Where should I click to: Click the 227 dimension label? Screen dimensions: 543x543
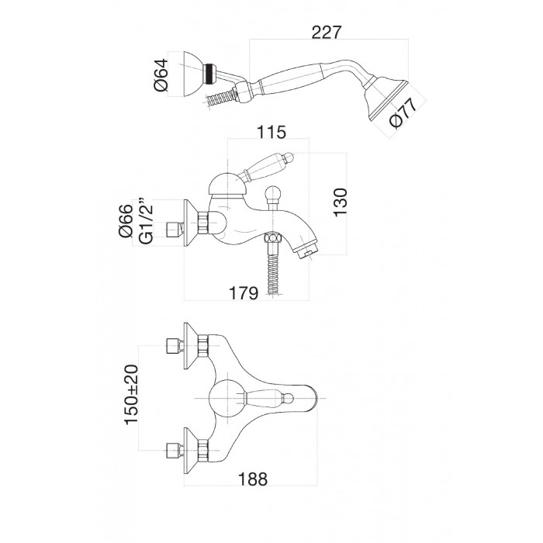(x=327, y=33)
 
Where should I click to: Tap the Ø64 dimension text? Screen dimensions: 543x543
(x=161, y=75)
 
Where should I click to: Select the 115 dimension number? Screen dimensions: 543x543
(x=271, y=132)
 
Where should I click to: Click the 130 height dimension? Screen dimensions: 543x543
(x=340, y=202)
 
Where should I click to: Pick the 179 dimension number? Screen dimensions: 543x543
(x=244, y=293)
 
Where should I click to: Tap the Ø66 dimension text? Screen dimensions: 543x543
(x=126, y=220)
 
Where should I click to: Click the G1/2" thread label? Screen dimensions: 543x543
(x=146, y=221)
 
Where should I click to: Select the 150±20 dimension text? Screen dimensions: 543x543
(x=131, y=395)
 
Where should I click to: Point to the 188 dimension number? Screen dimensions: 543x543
(x=253, y=479)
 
